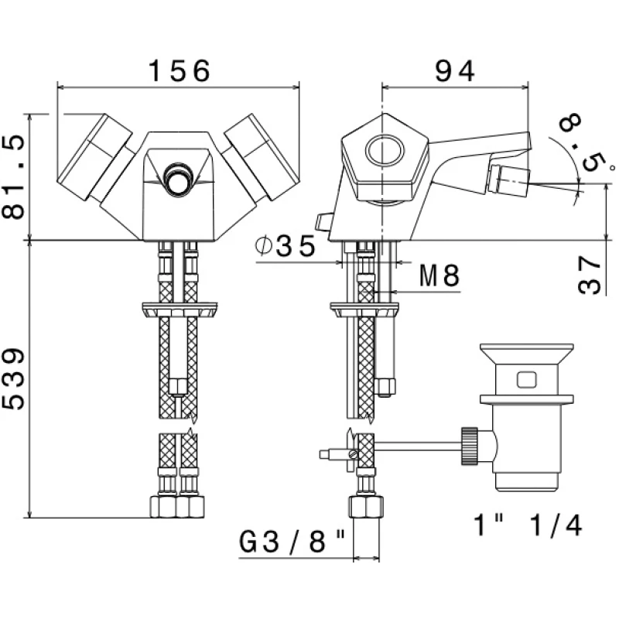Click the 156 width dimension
pyautogui.click(x=179, y=72)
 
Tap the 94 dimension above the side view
pyautogui.click(x=454, y=71)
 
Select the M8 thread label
pyautogui.click(x=439, y=275)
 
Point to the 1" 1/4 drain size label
pyautogui.click(x=528, y=526)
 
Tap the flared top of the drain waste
pyautogui.click(x=527, y=357)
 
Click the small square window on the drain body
pyautogui.click(x=527, y=380)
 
